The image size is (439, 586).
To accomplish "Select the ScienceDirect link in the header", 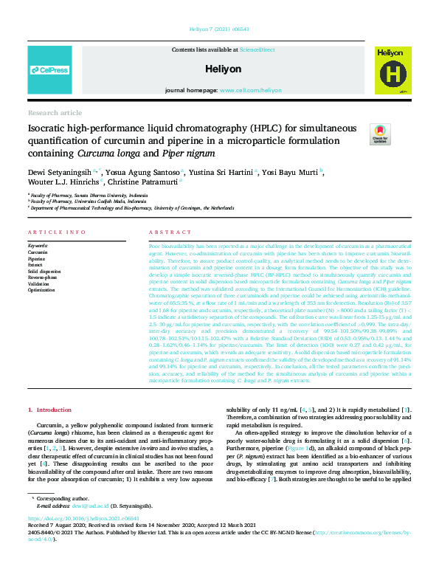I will [x=257, y=49].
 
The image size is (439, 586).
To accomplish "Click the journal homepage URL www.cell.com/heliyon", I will [x=250, y=90].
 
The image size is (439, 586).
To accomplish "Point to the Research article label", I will [x=55, y=113].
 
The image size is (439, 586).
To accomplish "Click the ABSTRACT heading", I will [x=165, y=232].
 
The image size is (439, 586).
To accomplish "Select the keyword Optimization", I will [x=41, y=290].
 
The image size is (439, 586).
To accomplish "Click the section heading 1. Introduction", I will [x=49, y=409].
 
